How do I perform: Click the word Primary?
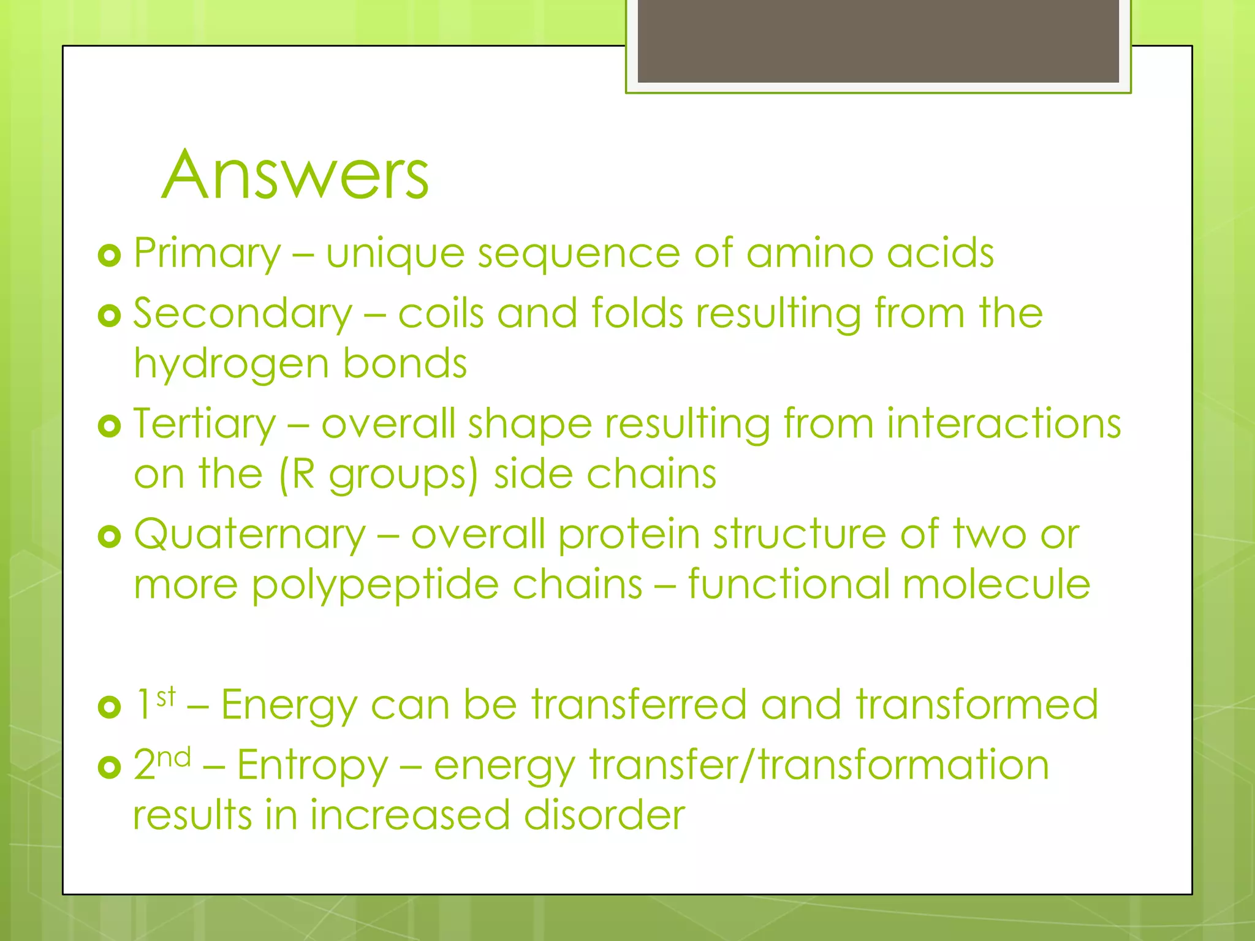tap(207, 254)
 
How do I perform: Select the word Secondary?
tap(243, 314)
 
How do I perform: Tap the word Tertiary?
tap(205, 424)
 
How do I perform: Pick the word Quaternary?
tap(249, 534)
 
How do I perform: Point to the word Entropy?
tap(313, 766)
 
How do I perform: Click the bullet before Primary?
tap(110, 255)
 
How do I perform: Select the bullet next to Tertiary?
tap(110, 426)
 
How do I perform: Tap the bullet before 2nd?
tap(110, 767)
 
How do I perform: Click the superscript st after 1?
tap(166, 697)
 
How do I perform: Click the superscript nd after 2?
tap(174, 758)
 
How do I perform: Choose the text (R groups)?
tap(378, 475)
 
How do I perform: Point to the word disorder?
tap(604, 815)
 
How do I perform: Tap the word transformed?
tap(977, 705)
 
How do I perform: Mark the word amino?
tap(809, 254)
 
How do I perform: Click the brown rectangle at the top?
tap(878, 40)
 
